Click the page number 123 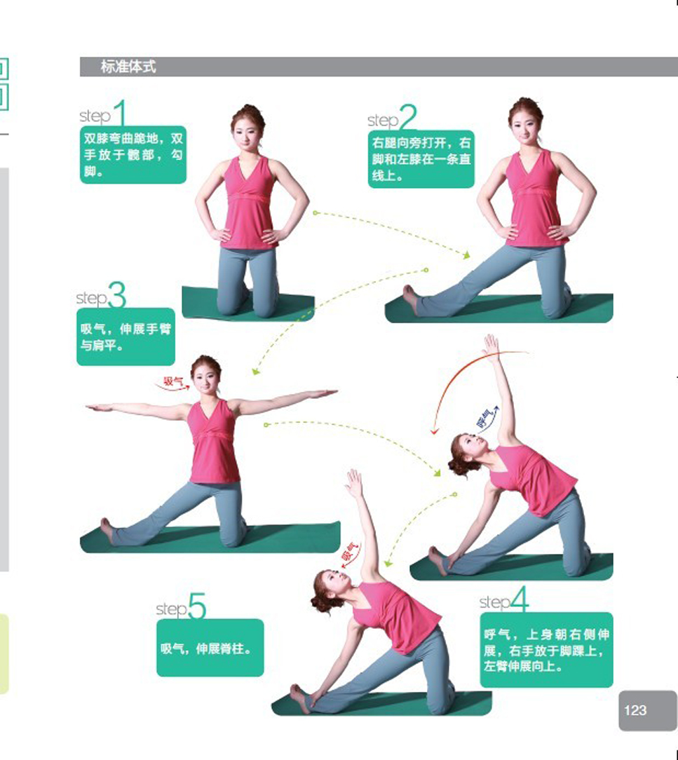coord(635,710)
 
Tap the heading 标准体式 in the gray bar coord(128,67)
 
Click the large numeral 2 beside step coord(408,117)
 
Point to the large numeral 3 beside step coord(117,294)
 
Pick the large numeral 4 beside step coord(519,599)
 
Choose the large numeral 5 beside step coord(197,606)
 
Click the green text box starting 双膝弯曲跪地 coord(133,155)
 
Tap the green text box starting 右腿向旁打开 coord(421,159)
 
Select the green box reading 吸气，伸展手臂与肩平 coord(126,337)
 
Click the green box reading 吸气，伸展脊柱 coord(210,648)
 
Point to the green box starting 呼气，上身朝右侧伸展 coord(547,650)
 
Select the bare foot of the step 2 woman coord(410,297)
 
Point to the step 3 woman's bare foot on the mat coord(107,530)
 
